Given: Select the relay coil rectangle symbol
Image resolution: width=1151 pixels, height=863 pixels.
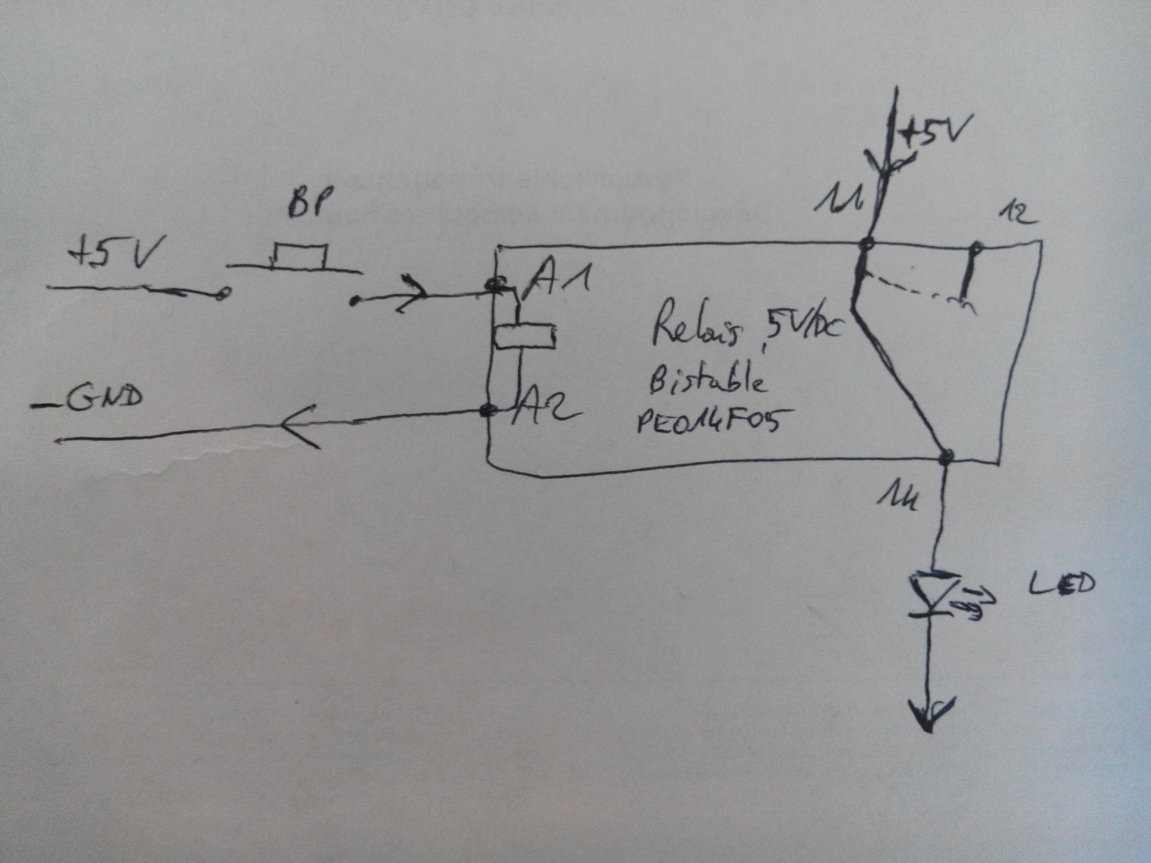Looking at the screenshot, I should click(x=524, y=337).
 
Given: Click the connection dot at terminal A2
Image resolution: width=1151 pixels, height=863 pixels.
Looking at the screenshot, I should click(x=489, y=411).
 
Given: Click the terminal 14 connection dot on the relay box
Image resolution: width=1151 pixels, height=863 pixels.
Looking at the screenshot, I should click(x=946, y=457).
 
